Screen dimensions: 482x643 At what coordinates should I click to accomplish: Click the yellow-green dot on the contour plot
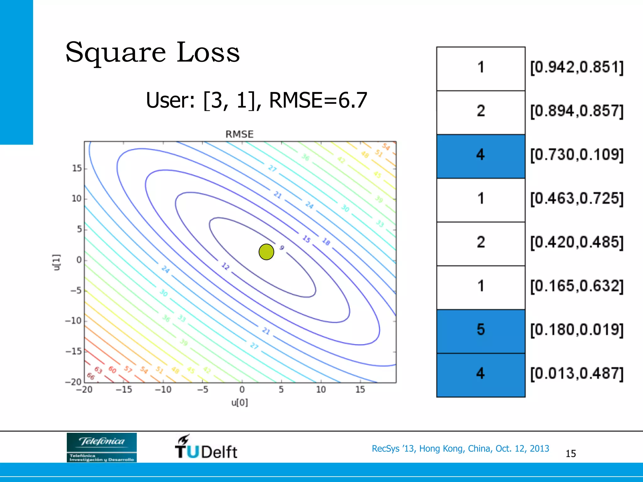[x=266, y=252]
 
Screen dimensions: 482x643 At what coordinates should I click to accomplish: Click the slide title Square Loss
[x=153, y=52]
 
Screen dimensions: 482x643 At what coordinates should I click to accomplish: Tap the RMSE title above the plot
[x=239, y=134]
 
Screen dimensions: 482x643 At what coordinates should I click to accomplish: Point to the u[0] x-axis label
[x=240, y=403]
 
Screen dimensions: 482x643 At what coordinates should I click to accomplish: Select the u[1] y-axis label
[x=56, y=262]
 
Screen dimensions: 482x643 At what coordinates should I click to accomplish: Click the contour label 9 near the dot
[x=282, y=248]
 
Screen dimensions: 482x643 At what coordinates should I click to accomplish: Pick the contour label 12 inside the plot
[x=225, y=266]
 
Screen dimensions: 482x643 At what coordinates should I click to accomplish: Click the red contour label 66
[x=90, y=376]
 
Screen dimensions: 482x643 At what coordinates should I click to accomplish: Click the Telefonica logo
[x=102, y=447]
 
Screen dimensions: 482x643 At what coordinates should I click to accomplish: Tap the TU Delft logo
[x=206, y=447]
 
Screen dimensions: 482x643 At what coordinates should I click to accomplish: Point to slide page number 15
[x=570, y=454]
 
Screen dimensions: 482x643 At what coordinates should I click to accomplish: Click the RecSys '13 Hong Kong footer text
[x=460, y=448]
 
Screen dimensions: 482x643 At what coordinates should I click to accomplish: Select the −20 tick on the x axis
[x=84, y=390]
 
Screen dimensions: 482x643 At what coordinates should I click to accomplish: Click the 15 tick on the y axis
[x=77, y=169]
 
